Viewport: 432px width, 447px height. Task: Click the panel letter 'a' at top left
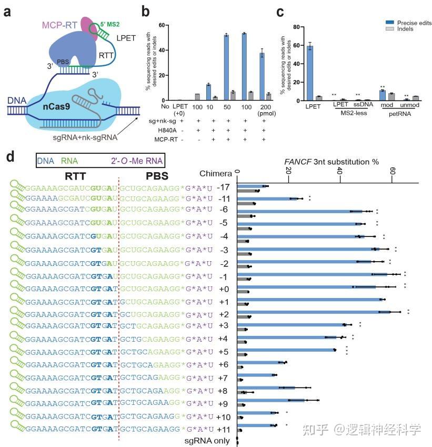[x=8, y=10]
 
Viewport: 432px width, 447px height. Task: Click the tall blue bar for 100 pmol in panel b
[x=244, y=66]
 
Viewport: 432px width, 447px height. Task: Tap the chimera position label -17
[x=224, y=187]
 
